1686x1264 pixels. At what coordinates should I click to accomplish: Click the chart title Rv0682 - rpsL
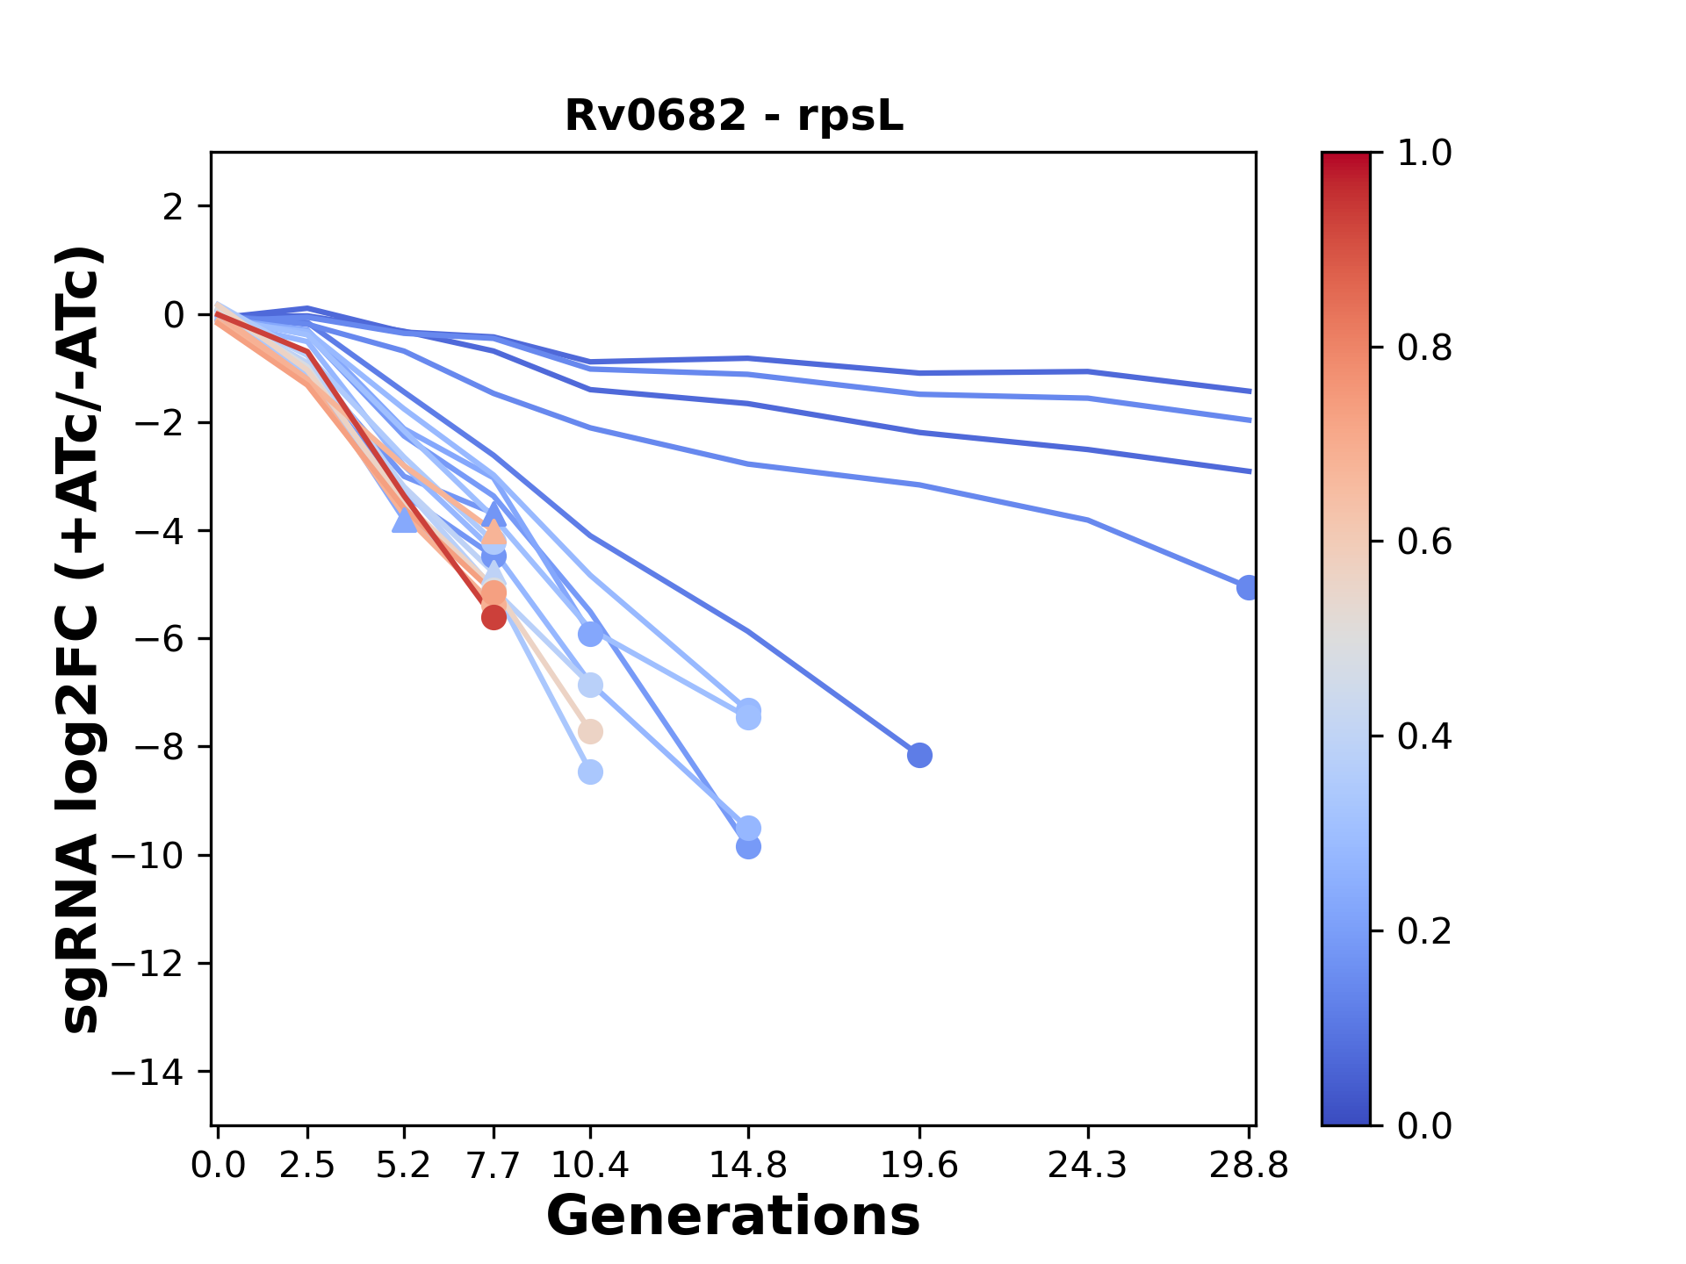pos(733,116)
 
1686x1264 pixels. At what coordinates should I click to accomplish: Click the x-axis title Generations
pos(733,1217)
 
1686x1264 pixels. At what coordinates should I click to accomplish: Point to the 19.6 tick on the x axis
pos(919,1165)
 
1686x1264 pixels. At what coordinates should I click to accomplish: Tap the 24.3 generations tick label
pos(1087,1165)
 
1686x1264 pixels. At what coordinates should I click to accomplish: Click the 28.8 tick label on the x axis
pos(1248,1165)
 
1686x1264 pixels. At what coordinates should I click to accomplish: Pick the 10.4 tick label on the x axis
pos(590,1165)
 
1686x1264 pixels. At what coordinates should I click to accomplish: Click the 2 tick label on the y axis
pos(174,207)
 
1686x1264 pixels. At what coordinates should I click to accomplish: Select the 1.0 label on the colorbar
pos(1424,154)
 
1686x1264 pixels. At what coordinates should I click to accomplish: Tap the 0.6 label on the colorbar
pos(1424,542)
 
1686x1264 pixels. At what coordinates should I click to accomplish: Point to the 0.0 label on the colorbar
pos(1424,1125)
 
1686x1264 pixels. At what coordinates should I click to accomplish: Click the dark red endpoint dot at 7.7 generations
pos(494,617)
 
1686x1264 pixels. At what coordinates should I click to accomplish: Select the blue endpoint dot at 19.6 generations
pos(919,755)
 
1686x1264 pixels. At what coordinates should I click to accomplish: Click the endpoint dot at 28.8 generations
pos(1247,587)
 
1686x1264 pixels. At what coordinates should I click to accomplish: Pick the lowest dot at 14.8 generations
pos(748,847)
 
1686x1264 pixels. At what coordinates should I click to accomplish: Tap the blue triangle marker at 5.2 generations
pos(404,521)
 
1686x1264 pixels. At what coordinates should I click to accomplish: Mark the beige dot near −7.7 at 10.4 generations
pos(590,731)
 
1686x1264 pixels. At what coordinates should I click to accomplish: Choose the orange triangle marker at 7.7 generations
pos(494,532)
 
